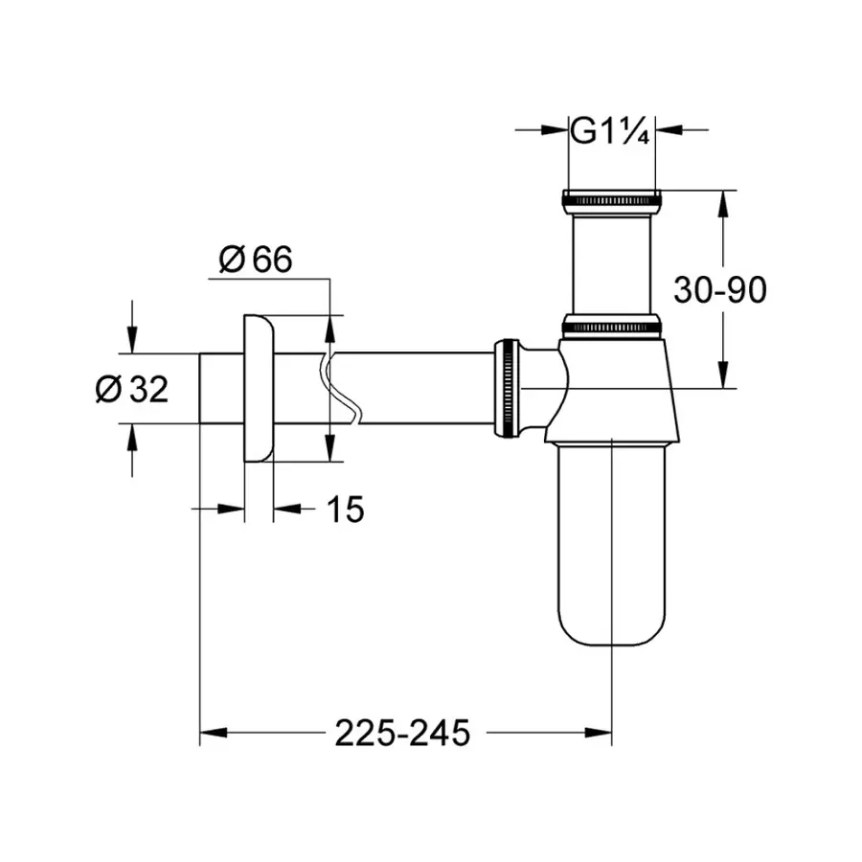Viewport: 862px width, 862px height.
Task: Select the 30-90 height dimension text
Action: tap(719, 290)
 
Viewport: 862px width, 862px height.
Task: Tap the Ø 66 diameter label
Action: tap(255, 261)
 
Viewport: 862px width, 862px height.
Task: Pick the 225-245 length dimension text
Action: tap(403, 734)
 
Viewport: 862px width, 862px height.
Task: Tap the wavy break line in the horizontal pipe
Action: tap(341, 388)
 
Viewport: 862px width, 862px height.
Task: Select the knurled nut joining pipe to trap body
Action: tap(505, 388)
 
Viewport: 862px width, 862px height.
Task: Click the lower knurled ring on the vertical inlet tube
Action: tap(611, 325)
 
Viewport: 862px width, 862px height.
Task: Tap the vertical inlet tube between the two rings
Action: tap(611, 263)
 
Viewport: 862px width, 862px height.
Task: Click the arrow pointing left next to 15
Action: tap(285, 510)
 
